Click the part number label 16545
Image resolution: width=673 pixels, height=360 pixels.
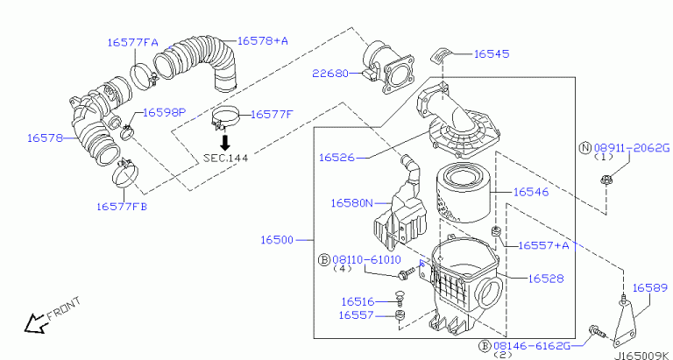coord(492,53)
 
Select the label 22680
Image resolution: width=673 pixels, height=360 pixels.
coord(329,74)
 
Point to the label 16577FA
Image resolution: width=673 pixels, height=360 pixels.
coord(132,41)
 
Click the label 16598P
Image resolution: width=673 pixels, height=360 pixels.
coord(165,112)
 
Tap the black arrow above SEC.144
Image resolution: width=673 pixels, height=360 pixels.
coord(225,141)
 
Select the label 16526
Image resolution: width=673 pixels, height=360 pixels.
coord(336,158)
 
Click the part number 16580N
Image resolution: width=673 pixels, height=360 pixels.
coord(352,202)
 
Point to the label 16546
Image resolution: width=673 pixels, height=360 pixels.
coord(530,190)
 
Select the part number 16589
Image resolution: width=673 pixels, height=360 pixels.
coord(649,287)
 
